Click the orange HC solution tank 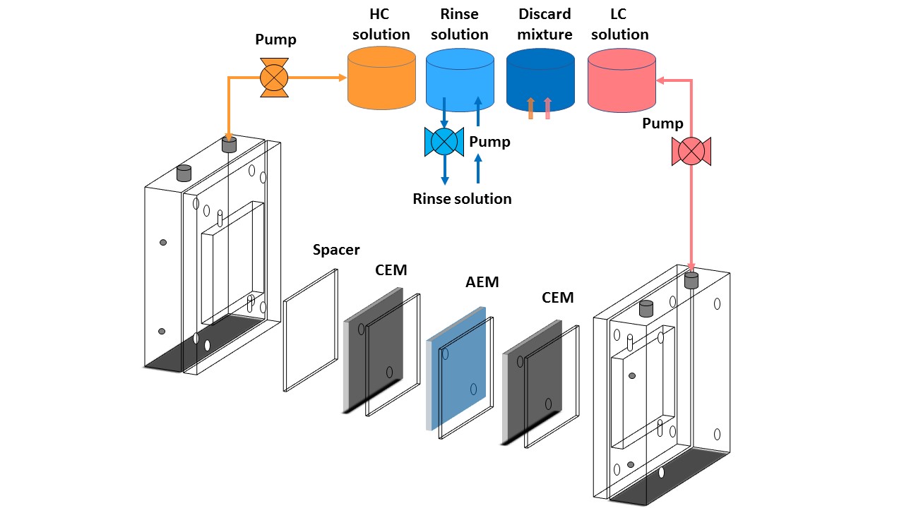coord(381,79)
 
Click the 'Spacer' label coord(336,250)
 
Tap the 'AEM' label coord(482,282)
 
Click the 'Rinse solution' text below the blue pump coord(462,199)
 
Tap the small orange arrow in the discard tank coord(530,107)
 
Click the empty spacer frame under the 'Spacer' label coord(311,330)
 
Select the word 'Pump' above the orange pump coord(275,39)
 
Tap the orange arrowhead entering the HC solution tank coord(343,78)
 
